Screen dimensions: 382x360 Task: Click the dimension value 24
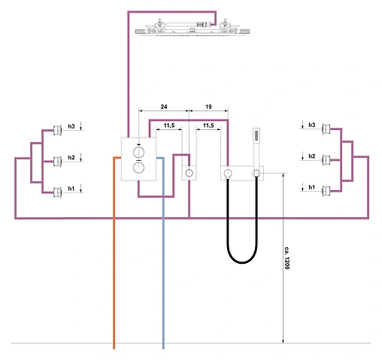point(164,107)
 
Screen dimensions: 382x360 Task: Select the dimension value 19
point(208,107)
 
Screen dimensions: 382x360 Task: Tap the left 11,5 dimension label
point(169,126)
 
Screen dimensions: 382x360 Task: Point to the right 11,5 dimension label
point(208,126)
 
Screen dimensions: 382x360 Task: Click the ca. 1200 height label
point(286,258)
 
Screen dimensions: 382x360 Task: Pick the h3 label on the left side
point(71,126)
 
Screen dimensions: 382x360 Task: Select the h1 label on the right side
point(311,187)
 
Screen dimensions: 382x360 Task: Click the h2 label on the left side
point(71,158)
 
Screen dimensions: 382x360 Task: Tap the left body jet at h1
point(57,192)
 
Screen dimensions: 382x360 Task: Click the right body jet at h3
point(326,129)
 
